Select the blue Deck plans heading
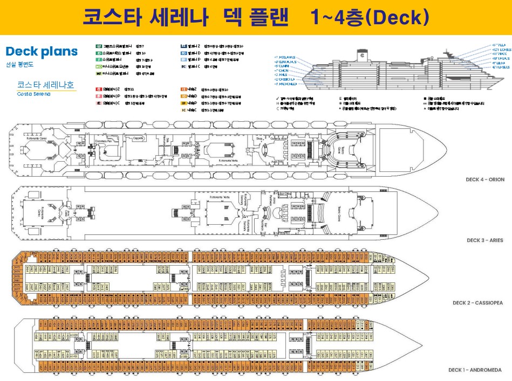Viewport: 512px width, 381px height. click(42, 52)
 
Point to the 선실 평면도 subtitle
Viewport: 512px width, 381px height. click(19, 64)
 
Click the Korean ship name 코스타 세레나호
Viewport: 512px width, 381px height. click(46, 85)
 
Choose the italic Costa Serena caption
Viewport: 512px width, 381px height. click(33, 94)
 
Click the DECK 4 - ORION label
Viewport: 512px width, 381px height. click(485, 179)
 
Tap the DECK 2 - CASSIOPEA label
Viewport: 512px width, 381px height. click(477, 303)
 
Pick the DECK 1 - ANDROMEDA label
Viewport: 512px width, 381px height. click(475, 370)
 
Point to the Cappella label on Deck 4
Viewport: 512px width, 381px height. click(138, 138)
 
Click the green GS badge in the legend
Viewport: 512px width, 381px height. click(99, 46)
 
